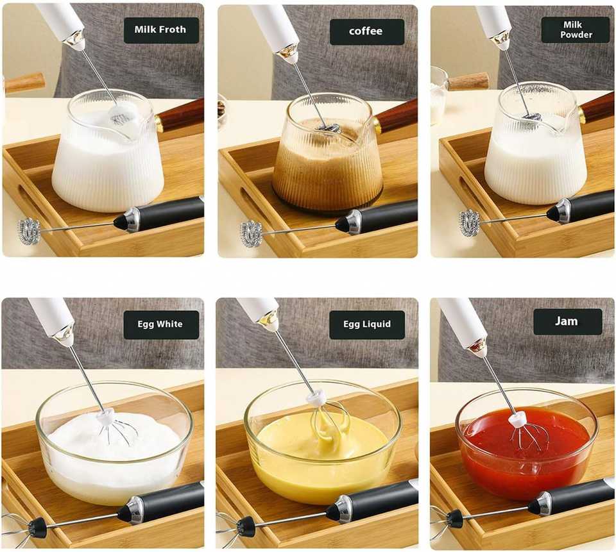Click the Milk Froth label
coord(161,30)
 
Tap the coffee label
coord(366,31)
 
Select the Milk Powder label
coord(576,30)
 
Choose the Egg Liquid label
coord(367,324)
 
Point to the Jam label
coord(567,322)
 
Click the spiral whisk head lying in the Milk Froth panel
coord(29,231)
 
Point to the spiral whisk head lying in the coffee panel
coord(251,233)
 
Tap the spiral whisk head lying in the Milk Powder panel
coord(470,223)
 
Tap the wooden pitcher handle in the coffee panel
coord(395,117)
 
